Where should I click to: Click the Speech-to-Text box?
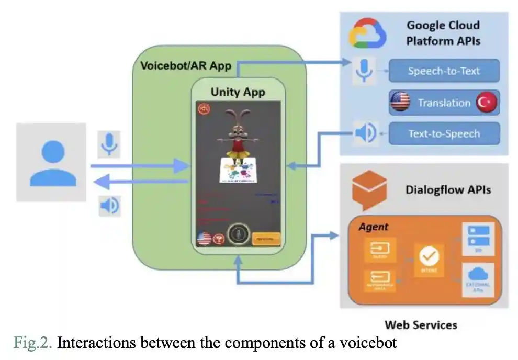coord(444,71)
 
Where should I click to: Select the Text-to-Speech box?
coord(444,133)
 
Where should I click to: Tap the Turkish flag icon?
coord(486,103)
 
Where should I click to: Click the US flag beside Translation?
coord(400,103)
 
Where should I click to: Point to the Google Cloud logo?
coord(368,32)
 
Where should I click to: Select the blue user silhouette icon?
coord(51,163)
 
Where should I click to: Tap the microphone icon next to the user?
coord(109,143)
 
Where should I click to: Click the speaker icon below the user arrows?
coord(109,206)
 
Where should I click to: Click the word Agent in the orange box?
coord(374,227)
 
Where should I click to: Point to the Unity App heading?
coord(238,92)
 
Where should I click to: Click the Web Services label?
coord(421,325)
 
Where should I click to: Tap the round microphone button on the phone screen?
coord(238,236)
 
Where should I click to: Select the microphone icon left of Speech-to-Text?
coord(364,71)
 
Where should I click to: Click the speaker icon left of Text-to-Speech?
coord(365,133)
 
